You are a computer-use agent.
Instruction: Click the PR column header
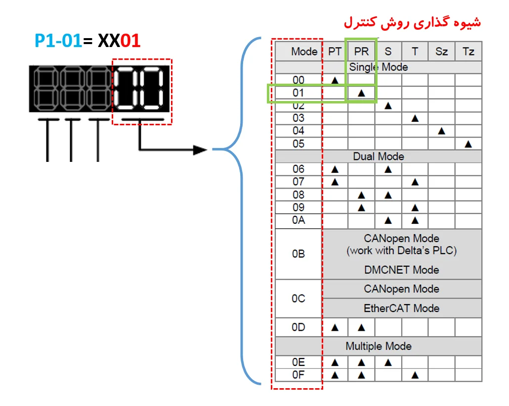(361, 51)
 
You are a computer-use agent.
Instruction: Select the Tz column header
(468, 51)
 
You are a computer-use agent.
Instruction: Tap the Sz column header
(441, 51)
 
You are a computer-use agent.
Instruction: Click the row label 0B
(298, 254)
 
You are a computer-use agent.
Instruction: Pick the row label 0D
(298, 327)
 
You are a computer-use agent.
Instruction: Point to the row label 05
(298, 144)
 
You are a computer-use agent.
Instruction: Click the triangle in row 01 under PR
(361, 93)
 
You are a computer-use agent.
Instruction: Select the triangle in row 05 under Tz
(468, 144)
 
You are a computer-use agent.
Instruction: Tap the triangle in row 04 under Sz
(441, 131)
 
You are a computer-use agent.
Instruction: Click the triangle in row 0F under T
(415, 375)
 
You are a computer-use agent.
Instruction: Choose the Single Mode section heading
(379, 67)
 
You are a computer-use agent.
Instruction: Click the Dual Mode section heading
(379, 156)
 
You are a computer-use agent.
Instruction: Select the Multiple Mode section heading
(379, 346)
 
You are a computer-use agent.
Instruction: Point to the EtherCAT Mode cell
(402, 308)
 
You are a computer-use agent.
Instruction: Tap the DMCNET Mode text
(402, 270)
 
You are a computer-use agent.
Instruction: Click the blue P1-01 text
(58, 41)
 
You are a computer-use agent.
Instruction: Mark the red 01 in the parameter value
(130, 41)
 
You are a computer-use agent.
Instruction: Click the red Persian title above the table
(412, 22)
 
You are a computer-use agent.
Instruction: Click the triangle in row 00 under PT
(335, 80)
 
